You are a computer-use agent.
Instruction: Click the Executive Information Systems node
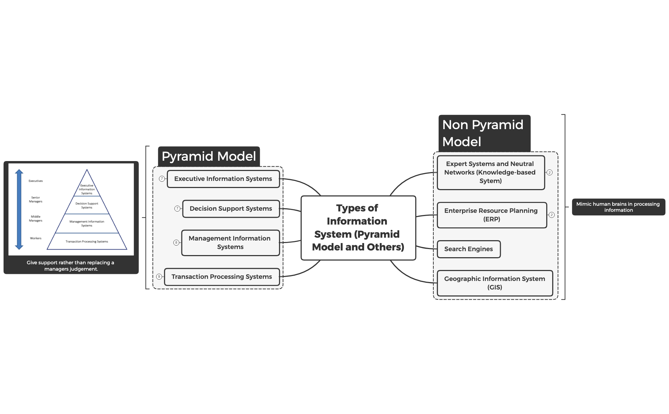[223, 179]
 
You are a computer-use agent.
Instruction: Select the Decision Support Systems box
[231, 209]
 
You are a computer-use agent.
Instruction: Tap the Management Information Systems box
[230, 243]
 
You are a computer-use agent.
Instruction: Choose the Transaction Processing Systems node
[222, 277]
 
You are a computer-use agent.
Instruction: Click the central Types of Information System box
[358, 228]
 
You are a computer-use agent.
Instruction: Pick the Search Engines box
[468, 249]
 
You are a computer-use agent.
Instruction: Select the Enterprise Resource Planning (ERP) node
[491, 215]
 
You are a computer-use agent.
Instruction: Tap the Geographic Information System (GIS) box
[494, 283]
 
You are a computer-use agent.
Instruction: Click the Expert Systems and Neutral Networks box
[490, 172]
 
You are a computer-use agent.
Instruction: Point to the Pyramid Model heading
[209, 156]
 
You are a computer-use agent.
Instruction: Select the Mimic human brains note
[618, 207]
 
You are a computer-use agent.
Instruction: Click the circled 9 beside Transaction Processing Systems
[159, 277]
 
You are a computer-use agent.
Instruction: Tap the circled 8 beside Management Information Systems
[176, 243]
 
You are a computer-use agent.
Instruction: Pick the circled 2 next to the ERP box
[552, 215]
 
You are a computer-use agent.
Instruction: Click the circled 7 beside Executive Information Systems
[162, 179]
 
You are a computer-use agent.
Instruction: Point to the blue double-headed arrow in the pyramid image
[19, 209]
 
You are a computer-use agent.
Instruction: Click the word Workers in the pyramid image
[35, 238]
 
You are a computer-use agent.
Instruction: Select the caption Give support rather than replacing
[71, 266]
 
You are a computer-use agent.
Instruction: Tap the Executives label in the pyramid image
[35, 181]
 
